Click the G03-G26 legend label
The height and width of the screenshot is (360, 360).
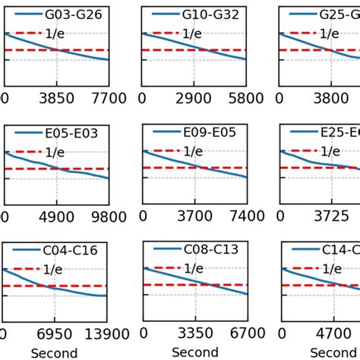(73, 14)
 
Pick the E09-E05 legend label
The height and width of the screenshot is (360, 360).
(209, 132)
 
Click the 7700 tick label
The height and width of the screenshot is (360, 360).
(106, 98)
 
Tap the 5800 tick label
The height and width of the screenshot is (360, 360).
(245, 98)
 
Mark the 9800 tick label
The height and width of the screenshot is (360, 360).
(106, 217)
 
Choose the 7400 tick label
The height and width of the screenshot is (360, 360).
(245, 217)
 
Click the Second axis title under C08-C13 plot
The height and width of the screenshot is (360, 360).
(195, 352)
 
